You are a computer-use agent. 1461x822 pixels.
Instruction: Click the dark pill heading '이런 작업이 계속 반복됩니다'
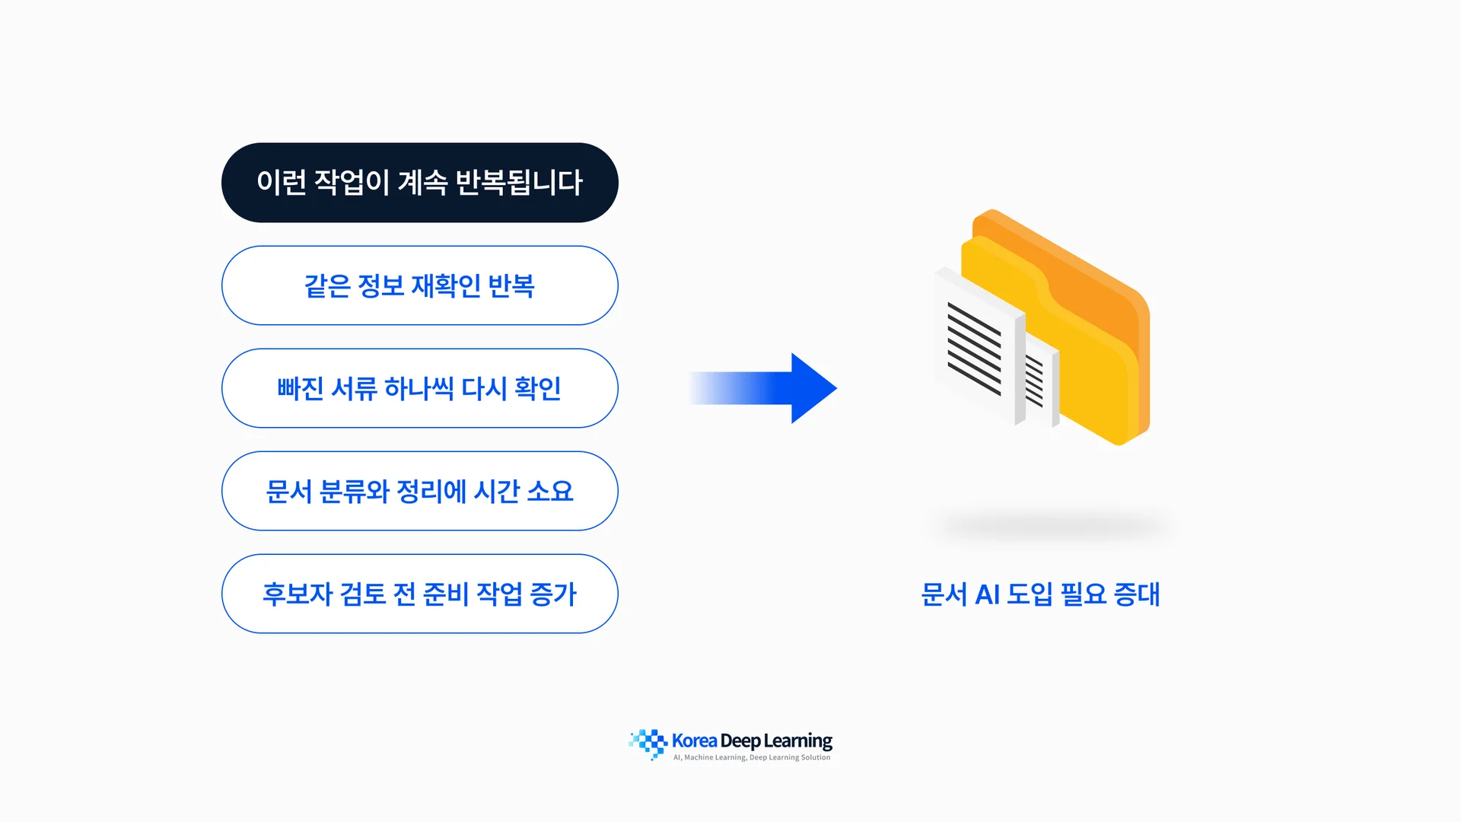click(419, 183)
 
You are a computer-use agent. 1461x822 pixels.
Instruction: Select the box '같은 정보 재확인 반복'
click(419, 285)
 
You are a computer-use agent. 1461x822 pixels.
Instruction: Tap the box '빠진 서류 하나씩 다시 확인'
click(419, 388)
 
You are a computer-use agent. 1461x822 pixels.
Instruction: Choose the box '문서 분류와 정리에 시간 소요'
click(419, 491)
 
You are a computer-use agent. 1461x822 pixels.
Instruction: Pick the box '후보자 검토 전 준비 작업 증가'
click(419, 594)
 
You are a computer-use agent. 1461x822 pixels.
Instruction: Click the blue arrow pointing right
click(763, 388)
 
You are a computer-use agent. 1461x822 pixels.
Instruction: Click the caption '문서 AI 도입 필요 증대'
click(1040, 594)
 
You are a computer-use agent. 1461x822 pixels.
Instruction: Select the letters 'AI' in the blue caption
click(987, 594)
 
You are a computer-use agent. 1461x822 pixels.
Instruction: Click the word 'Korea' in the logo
click(694, 741)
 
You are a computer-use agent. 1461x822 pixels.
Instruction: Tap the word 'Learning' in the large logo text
click(797, 741)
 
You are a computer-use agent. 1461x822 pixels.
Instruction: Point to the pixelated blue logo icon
click(648, 744)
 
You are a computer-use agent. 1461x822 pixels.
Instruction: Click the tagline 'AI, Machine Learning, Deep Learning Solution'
click(752, 757)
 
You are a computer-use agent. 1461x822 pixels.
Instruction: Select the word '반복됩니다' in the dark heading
click(519, 183)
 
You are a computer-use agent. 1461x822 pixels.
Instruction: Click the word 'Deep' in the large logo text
click(740, 741)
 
